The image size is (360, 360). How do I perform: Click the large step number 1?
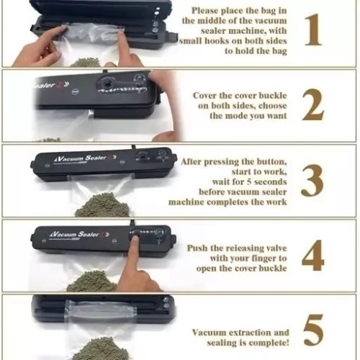313,30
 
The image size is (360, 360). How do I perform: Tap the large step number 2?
312,104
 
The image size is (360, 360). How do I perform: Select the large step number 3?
312,181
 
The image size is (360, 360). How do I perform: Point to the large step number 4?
313,256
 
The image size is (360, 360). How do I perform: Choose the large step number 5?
313,330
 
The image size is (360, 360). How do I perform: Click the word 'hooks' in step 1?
215,41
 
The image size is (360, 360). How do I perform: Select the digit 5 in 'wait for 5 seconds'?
249,182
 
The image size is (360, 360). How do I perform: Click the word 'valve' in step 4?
275,248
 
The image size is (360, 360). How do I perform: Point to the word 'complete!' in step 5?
271,343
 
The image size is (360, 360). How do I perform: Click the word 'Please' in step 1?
205,11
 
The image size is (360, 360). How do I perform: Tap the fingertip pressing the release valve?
135,238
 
